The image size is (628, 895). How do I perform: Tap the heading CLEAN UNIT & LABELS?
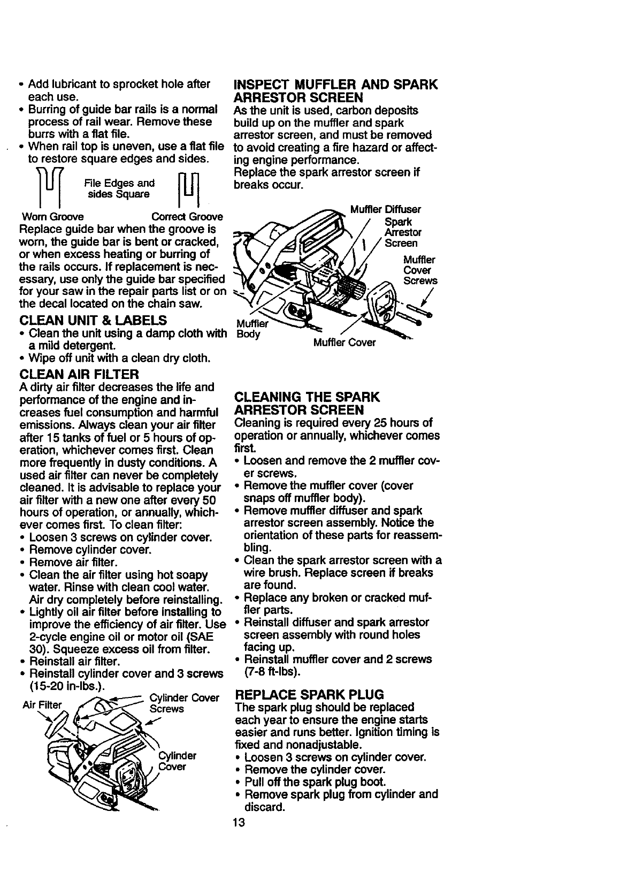(x=93, y=321)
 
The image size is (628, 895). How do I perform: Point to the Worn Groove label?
(x=52, y=217)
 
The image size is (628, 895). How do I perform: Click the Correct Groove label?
(x=187, y=217)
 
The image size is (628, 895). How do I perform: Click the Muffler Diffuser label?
(x=385, y=209)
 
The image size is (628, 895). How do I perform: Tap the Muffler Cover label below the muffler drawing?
(x=344, y=342)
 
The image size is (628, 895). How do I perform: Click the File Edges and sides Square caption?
(x=119, y=188)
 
